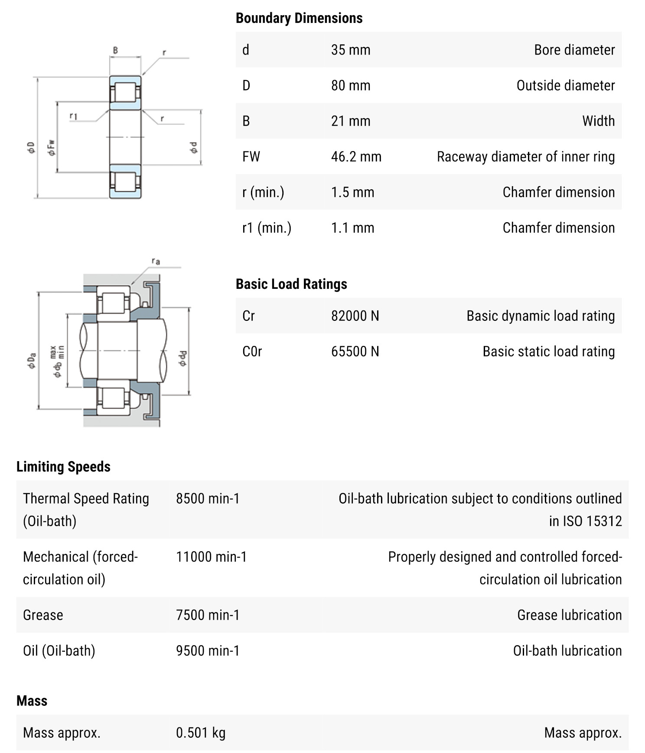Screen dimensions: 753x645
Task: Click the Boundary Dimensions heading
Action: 299,18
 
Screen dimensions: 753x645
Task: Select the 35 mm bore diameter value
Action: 351,50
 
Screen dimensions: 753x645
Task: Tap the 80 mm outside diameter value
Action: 351,85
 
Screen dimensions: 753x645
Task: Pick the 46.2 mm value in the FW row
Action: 356,156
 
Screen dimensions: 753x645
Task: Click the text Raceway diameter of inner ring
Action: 525,156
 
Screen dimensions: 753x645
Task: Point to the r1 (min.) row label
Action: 267,228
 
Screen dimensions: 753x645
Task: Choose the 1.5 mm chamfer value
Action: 352,192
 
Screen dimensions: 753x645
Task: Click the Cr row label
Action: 248,316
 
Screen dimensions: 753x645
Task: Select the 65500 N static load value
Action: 355,352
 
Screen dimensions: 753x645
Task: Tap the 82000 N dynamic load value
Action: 355,316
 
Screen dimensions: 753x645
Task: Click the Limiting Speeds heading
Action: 63,467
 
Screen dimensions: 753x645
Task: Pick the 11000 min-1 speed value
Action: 211,557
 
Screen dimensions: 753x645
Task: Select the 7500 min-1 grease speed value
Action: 208,615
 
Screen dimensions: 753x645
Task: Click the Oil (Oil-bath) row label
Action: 59,651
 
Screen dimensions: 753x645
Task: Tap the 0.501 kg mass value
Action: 201,733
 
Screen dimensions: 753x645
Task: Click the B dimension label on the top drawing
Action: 115,50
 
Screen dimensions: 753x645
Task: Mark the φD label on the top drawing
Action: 31,148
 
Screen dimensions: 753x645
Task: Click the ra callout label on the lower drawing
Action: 156,261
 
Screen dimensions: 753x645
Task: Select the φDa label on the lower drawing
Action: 32,361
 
